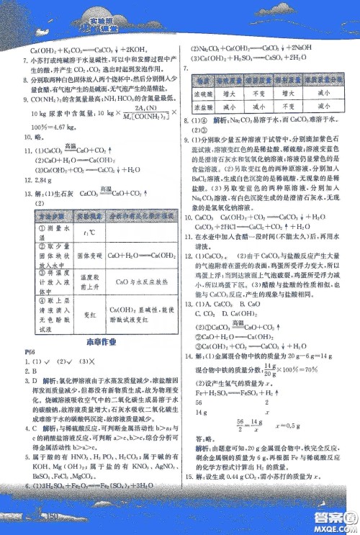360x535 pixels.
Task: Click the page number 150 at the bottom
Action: [48, 516]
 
